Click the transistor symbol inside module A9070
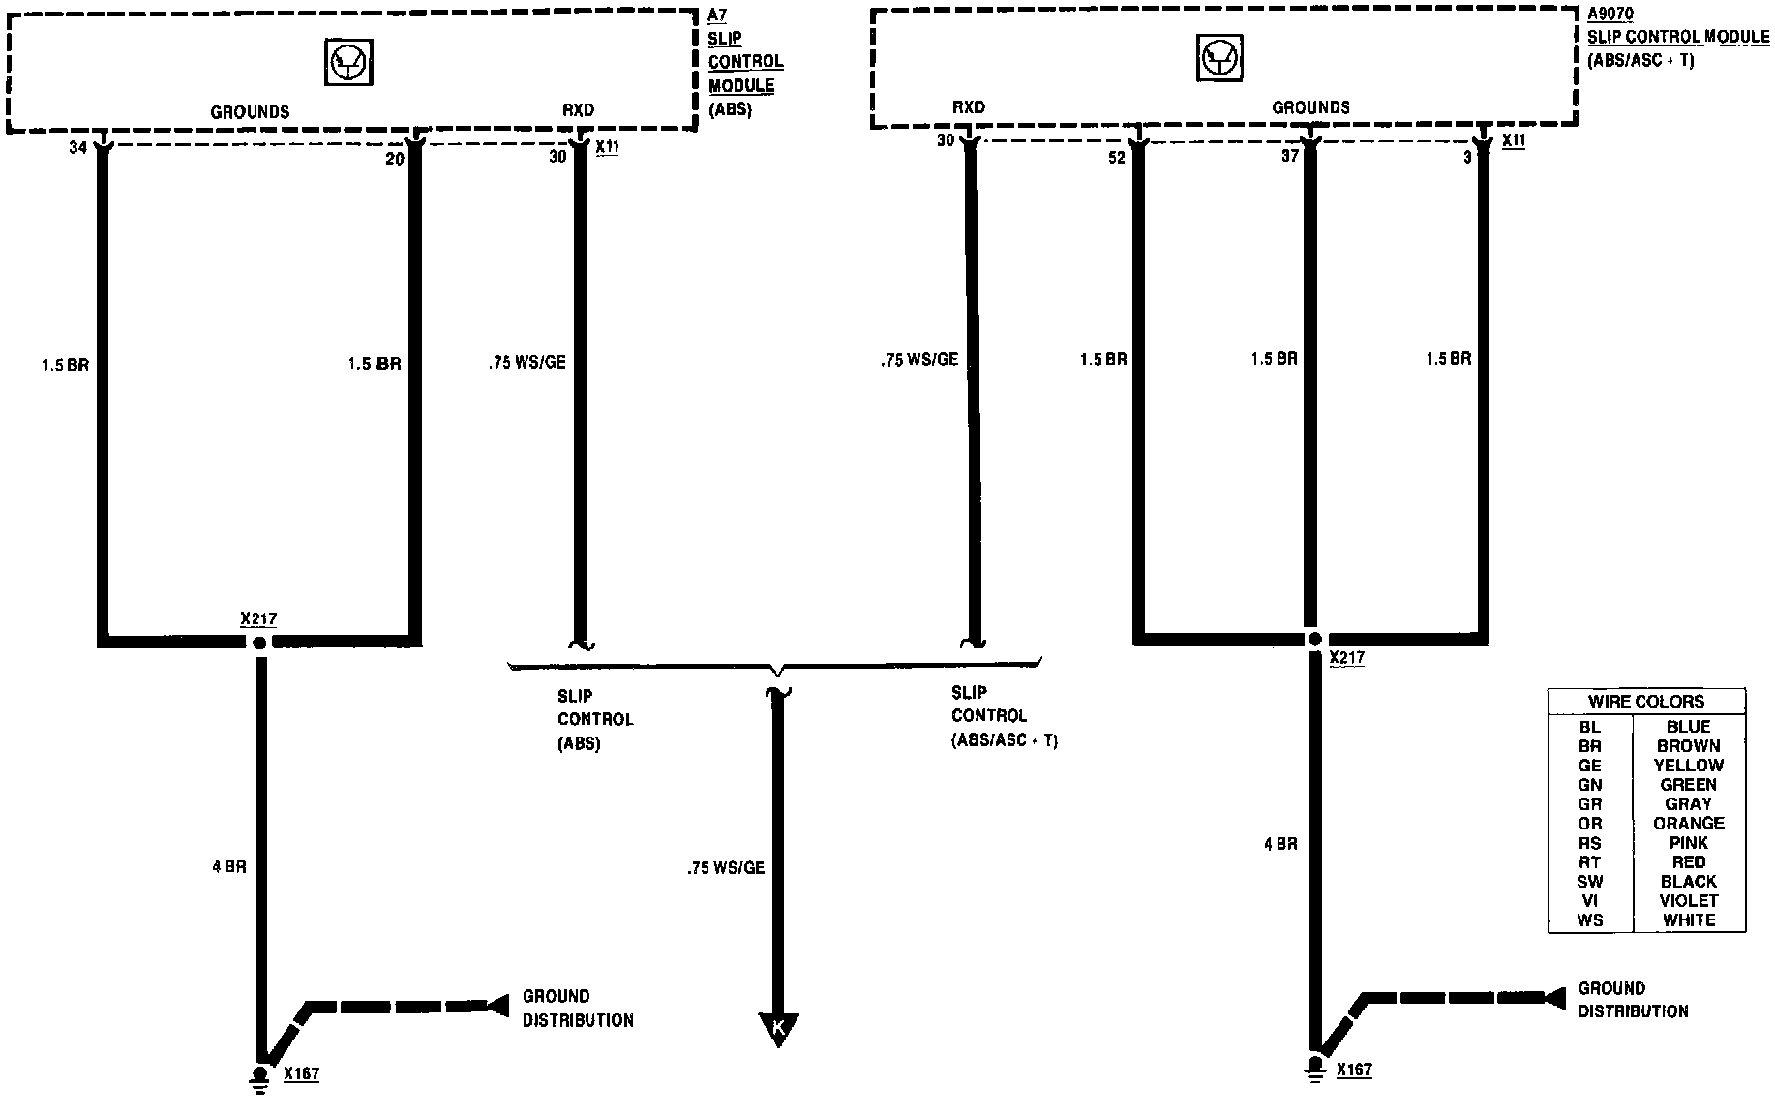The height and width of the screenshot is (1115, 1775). (1218, 58)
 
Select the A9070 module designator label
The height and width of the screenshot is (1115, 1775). (1610, 15)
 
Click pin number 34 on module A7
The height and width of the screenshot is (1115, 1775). (77, 148)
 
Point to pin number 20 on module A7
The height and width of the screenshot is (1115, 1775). (394, 158)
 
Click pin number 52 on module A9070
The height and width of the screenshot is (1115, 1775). (1117, 158)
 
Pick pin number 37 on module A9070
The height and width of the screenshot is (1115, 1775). (1289, 155)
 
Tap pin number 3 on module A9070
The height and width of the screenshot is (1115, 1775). (1467, 157)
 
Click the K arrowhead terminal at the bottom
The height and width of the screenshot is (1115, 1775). (779, 1029)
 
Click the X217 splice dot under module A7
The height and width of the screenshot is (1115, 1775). (259, 643)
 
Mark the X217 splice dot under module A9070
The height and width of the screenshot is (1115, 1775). (1313, 639)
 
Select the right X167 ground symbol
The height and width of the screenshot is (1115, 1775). (1314, 1069)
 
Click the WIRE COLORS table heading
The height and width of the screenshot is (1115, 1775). (1646, 701)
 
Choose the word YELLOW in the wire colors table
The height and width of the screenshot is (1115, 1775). (1689, 765)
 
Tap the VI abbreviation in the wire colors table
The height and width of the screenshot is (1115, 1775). (1589, 900)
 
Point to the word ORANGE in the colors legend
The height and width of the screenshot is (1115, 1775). (1689, 823)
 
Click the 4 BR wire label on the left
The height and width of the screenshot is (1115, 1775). (229, 867)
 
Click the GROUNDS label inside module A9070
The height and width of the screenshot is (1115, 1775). (1310, 107)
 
